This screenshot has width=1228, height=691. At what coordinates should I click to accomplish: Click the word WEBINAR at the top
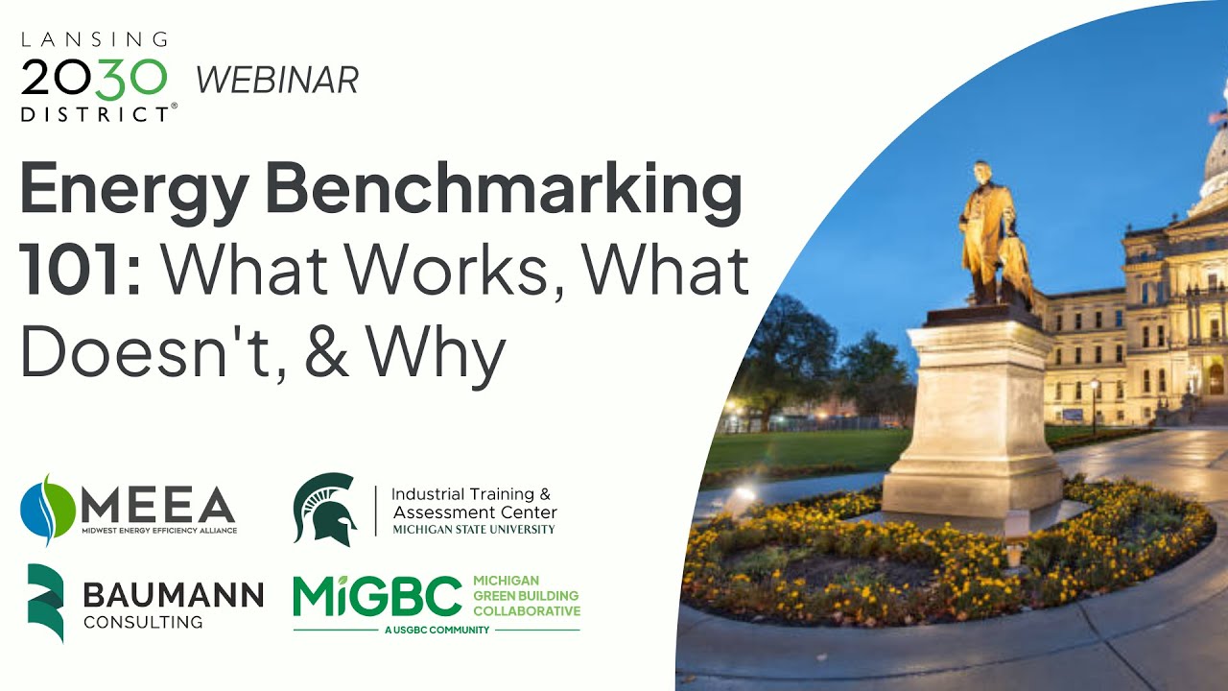tap(277, 80)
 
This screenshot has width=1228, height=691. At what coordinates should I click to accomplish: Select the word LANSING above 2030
tap(94, 39)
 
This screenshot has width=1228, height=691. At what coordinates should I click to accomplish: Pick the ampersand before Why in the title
tap(328, 354)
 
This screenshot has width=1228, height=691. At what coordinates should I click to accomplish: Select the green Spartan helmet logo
tap(324, 509)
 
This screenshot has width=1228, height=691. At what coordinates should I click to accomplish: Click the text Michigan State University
tap(474, 529)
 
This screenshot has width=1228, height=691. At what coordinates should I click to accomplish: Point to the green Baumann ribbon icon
tap(45, 602)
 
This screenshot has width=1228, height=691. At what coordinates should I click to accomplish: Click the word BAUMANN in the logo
tap(173, 595)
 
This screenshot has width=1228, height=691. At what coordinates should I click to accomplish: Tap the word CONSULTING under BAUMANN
tap(143, 622)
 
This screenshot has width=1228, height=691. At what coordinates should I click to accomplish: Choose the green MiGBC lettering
tap(378, 597)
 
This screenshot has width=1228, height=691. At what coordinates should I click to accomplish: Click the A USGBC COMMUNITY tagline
tap(437, 630)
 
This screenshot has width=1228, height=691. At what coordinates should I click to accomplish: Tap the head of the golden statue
tap(980, 174)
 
